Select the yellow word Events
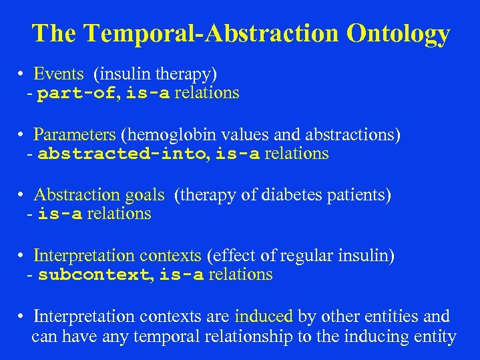coord(59,73)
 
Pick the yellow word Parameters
coord(75,134)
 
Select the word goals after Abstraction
coord(144,195)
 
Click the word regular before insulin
coord(298,255)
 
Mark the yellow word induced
coord(264,316)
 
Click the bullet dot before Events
coord(22,75)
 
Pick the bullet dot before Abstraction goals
coord(22,196)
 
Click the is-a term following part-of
coord(148,94)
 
